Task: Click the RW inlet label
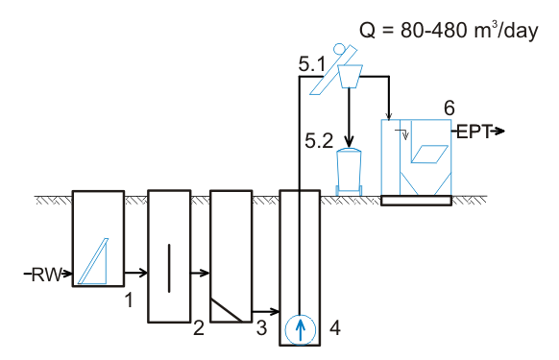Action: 46,275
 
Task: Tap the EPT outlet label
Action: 474,132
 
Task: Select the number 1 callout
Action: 129,300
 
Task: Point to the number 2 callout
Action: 199,328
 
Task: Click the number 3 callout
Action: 261,328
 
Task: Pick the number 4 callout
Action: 335,327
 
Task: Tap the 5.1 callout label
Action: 311,64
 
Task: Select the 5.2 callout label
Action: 319,141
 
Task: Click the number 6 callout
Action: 450,108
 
